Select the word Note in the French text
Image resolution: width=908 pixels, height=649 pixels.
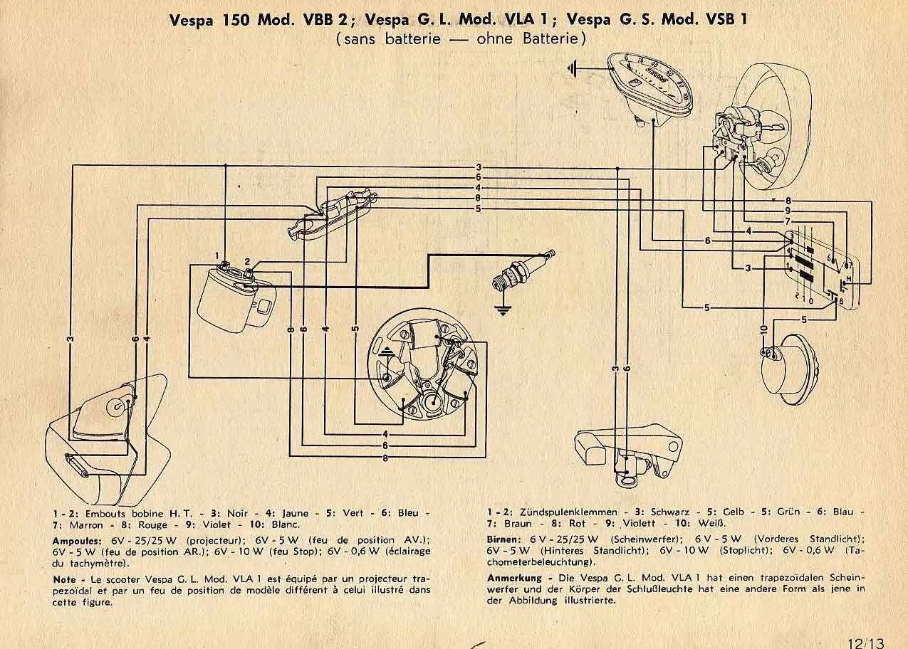coord(64,580)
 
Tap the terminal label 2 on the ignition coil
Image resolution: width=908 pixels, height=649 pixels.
coord(247,261)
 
